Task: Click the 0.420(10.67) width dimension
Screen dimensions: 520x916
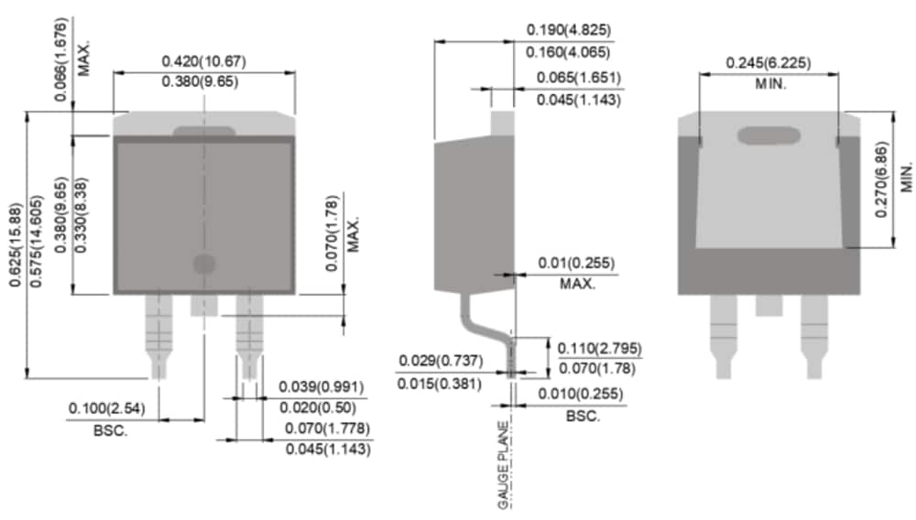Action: tap(203, 61)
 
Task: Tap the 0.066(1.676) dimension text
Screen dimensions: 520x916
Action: tap(61, 51)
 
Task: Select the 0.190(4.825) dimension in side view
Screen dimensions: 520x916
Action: tap(568, 30)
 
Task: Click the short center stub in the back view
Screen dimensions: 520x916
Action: tap(769, 305)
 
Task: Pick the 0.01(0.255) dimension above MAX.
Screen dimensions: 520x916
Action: tap(574, 264)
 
